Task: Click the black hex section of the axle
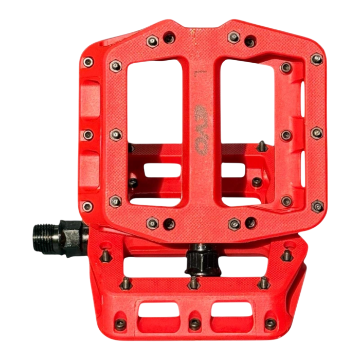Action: tap(69, 237)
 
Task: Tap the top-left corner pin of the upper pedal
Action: tap(88, 62)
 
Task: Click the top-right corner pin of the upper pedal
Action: tap(317, 59)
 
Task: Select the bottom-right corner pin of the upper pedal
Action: tap(317, 206)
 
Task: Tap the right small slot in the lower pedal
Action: tap(231, 310)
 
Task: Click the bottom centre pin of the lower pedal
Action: tap(195, 323)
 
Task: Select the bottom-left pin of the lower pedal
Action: tap(120, 323)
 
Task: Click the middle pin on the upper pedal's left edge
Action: tap(88, 135)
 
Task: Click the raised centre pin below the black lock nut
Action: tap(193, 282)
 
